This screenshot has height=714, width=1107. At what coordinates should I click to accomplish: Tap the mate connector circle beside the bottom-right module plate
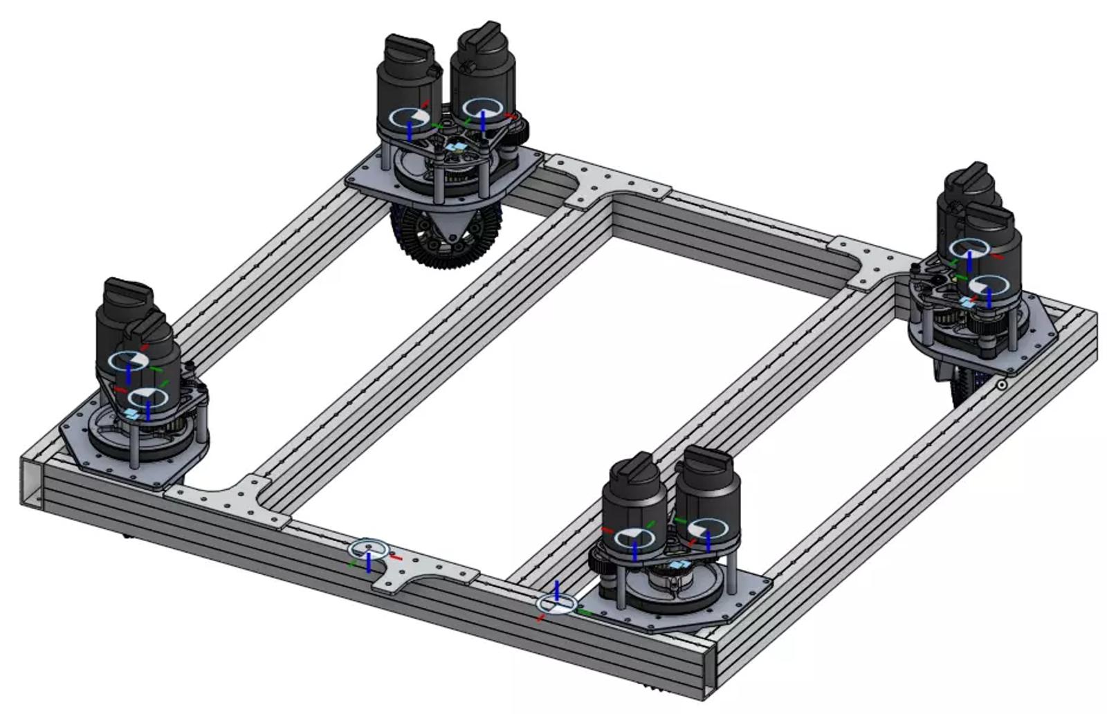557,604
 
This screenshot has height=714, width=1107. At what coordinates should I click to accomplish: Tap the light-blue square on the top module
455,147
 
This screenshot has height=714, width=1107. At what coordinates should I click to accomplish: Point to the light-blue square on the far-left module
131,413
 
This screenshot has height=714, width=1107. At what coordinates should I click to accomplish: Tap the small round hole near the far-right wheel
1001,385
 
